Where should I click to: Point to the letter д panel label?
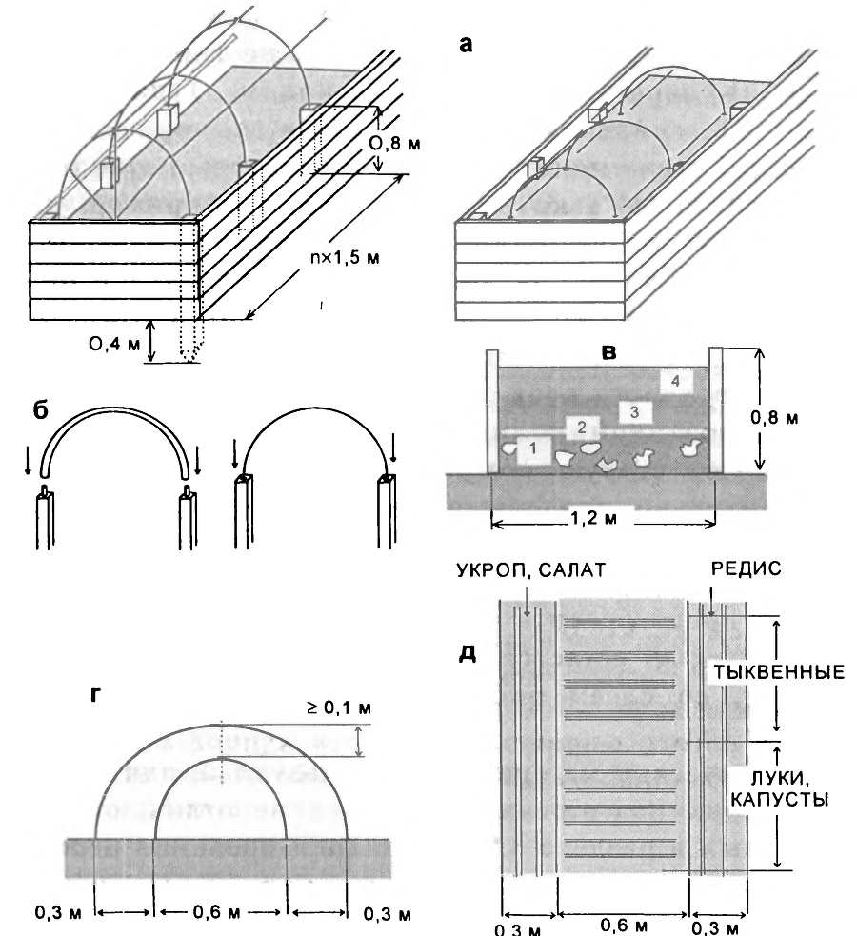468,657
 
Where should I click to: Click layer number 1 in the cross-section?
534,447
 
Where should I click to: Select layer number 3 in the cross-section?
628,411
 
